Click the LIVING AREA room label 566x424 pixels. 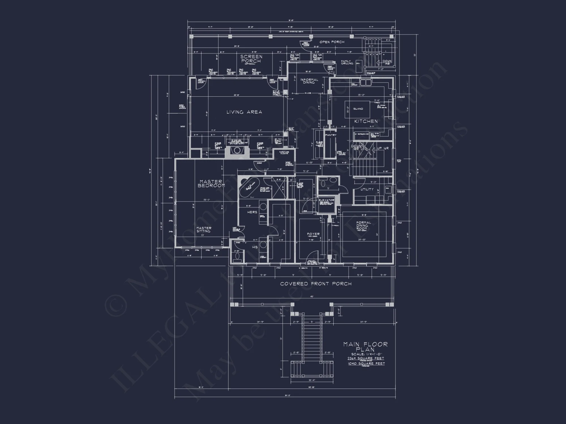tap(244, 112)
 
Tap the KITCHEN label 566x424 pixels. tap(366, 121)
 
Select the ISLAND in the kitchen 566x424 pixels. tap(358, 109)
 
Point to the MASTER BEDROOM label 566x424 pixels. tap(211, 183)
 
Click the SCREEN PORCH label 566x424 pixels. tap(251, 59)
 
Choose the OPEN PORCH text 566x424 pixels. tap(332, 42)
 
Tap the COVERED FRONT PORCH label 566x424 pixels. tap(316, 284)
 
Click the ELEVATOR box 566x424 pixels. tap(327, 204)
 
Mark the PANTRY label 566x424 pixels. tap(331, 135)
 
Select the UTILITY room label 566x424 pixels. tap(367, 189)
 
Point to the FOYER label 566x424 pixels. tap(313, 234)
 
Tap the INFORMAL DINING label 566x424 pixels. tap(309, 81)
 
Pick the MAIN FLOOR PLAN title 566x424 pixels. tap(365, 347)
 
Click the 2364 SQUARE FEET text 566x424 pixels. tap(366, 358)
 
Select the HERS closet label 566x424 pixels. tap(252, 212)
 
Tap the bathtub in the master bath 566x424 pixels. tap(249, 187)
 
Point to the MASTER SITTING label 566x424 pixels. tap(204, 230)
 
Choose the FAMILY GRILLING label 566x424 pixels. tap(347, 62)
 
